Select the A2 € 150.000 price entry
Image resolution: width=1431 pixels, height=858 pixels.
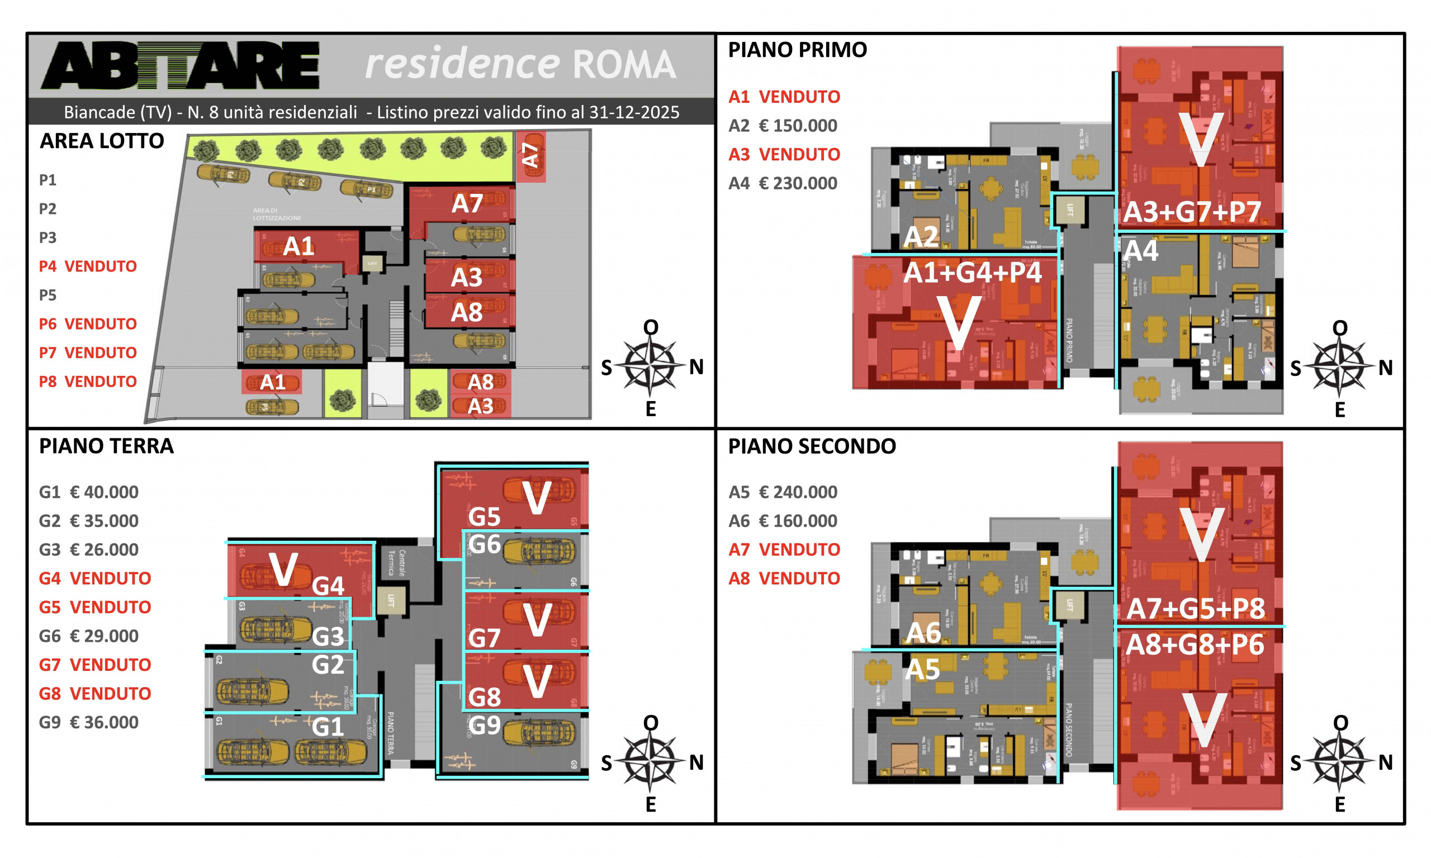pos(782,126)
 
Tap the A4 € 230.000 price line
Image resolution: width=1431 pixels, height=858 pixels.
pos(782,183)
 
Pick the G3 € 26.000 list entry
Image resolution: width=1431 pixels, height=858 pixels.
pos(88,549)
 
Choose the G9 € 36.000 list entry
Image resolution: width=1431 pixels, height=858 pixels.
pos(88,722)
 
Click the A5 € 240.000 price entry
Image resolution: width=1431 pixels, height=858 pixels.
pos(782,492)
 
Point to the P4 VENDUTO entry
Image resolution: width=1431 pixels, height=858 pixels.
pos(87,266)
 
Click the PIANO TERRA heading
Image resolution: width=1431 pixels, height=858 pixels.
pos(106,446)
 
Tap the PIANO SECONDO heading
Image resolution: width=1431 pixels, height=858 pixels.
pos(812,446)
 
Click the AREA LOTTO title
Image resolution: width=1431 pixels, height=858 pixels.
pos(102,141)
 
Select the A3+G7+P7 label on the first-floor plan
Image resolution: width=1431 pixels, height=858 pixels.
pos(1192,212)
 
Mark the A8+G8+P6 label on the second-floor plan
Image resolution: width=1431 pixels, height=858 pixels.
pos(1195,645)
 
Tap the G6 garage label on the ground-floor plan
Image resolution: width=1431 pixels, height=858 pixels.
pos(484,544)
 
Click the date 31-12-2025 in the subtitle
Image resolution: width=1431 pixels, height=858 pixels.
pos(634,112)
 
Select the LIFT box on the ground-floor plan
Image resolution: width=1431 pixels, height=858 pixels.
pos(390,600)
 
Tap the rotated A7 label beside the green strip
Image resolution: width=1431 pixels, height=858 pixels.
pos(530,155)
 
